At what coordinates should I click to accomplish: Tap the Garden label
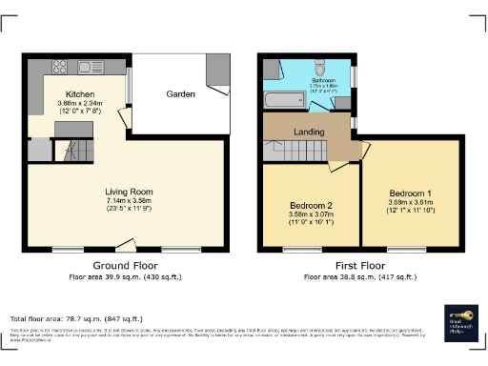pos(181,94)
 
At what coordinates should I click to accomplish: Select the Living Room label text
pos(129,192)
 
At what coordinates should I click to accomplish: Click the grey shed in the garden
pos(215,71)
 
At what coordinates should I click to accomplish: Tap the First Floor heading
pos(359,265)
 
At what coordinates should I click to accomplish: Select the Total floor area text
pos(76,318)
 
